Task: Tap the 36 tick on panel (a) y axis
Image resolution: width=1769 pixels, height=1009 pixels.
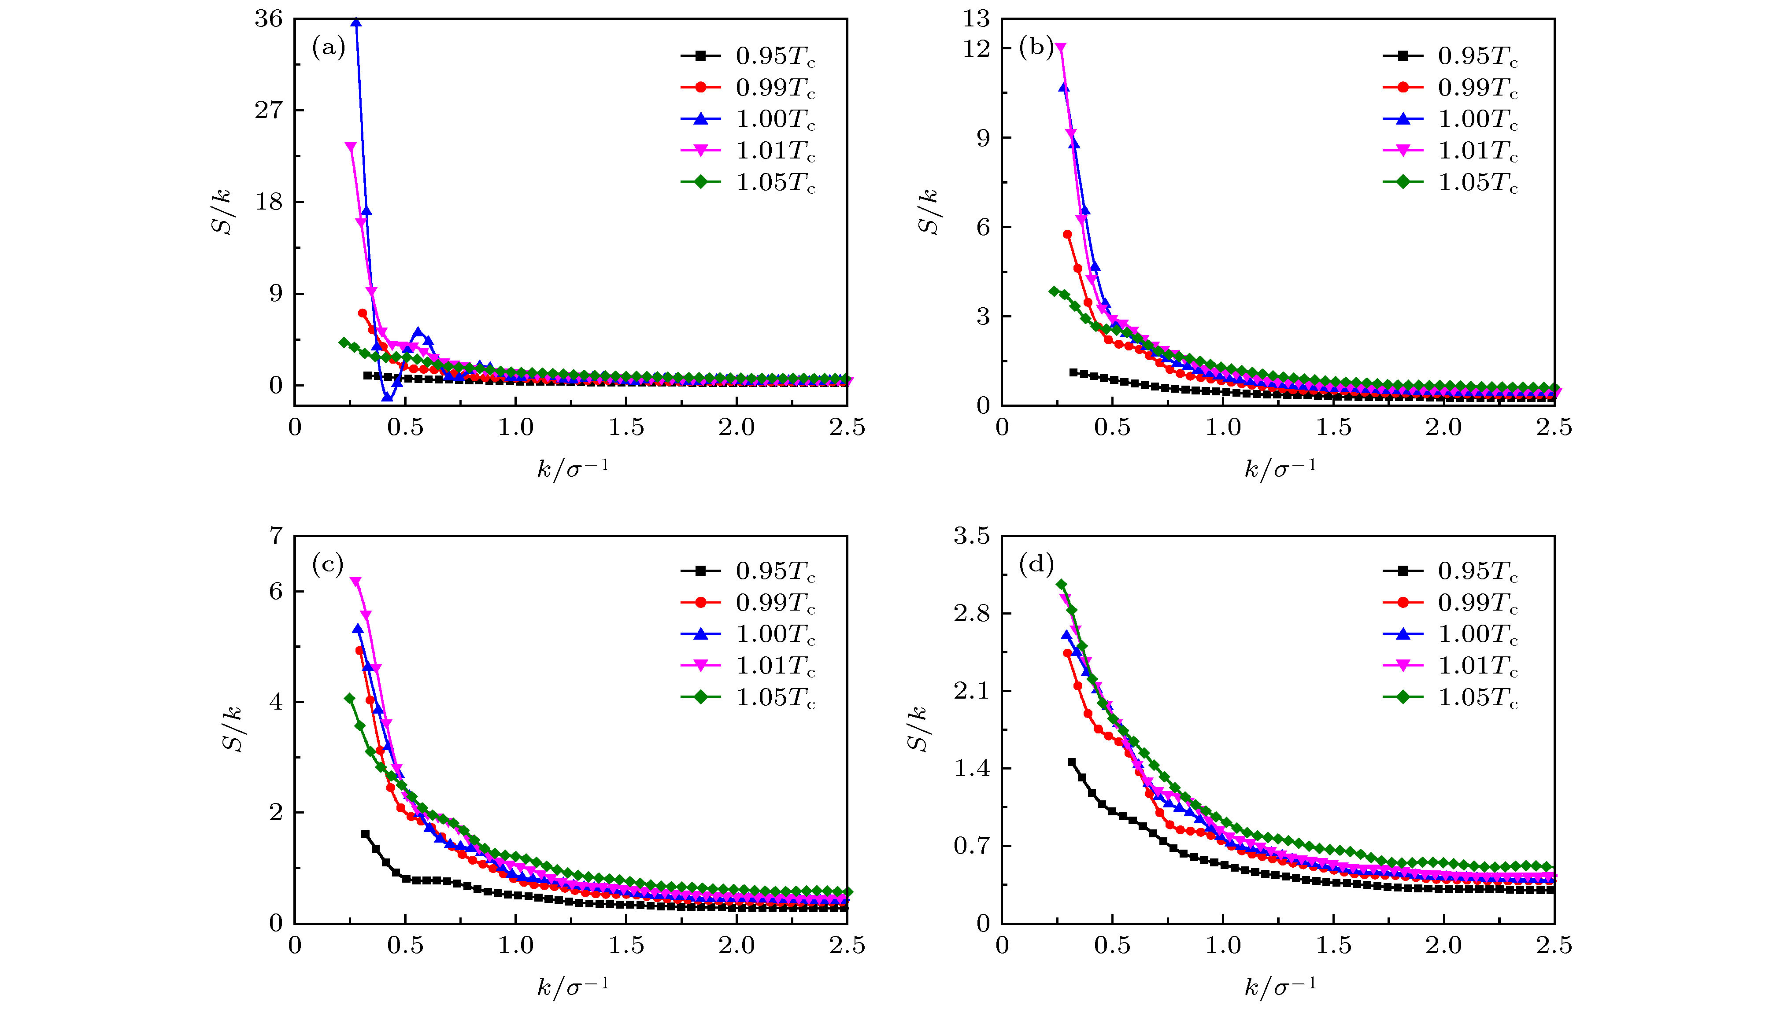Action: [x=269, y=19]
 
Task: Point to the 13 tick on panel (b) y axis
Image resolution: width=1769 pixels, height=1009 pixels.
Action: [x=976, y=19]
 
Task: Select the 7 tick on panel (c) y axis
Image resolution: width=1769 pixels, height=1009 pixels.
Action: [x=277, y=536]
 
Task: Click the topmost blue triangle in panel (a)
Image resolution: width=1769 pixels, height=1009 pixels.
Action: [x=356, y=22]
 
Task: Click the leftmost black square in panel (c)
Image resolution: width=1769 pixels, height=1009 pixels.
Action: [x=365, y=834]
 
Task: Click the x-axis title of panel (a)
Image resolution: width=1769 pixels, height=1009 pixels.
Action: [x=573, y=468]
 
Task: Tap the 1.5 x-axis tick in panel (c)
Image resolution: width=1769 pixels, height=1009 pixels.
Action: [x=626, y=945]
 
